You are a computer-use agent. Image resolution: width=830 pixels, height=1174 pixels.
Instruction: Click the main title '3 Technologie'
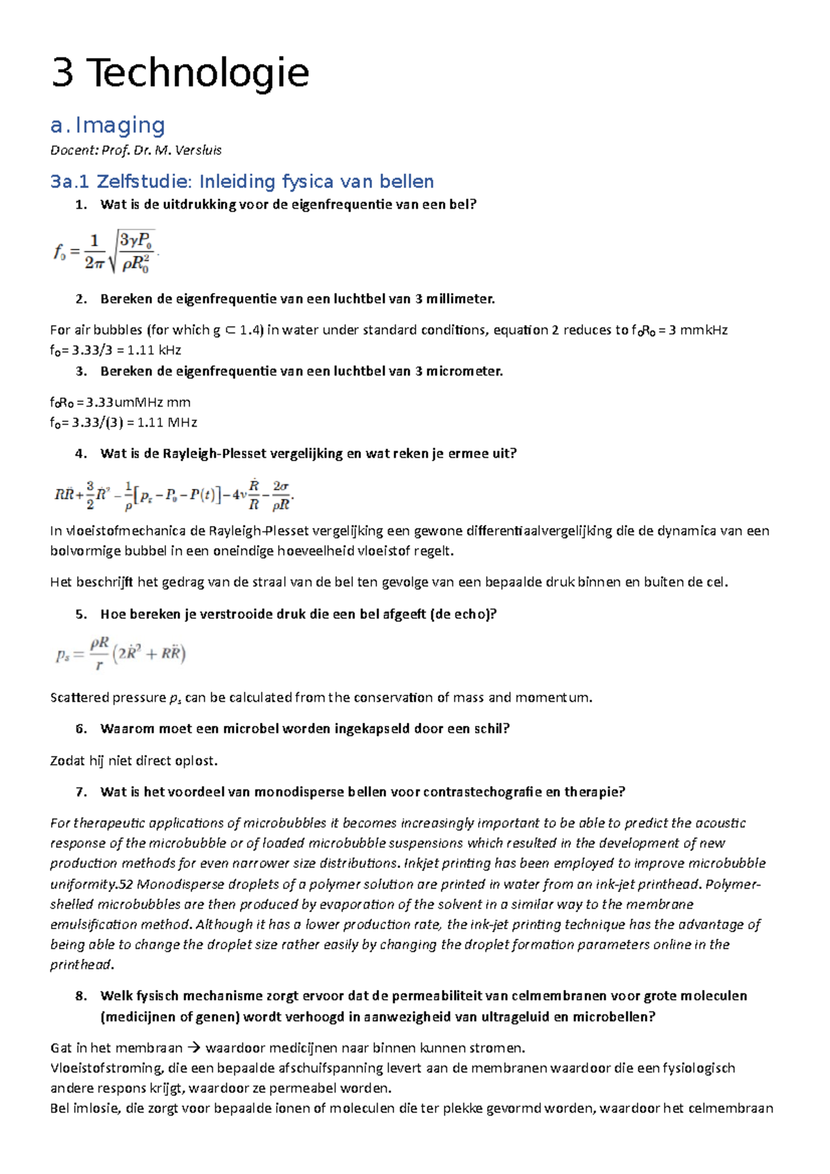[x=180, y=73]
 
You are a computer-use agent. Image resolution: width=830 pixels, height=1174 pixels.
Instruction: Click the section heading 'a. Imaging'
[x=107, y=126]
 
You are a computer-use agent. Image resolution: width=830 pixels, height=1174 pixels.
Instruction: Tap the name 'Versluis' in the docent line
[x=199, y=150]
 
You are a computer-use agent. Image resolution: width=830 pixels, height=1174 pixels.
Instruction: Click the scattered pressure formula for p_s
[x=120, y=653]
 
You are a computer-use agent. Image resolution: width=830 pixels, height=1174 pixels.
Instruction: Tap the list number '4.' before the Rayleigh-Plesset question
[x=81, y=454]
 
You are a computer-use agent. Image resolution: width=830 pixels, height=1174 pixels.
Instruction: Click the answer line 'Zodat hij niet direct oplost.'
[x=133, y=761]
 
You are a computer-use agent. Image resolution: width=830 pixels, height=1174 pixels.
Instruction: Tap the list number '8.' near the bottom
[x=81, y=996]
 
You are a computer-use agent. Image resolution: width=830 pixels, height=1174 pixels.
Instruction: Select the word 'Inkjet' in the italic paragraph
[x=423, y=864]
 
